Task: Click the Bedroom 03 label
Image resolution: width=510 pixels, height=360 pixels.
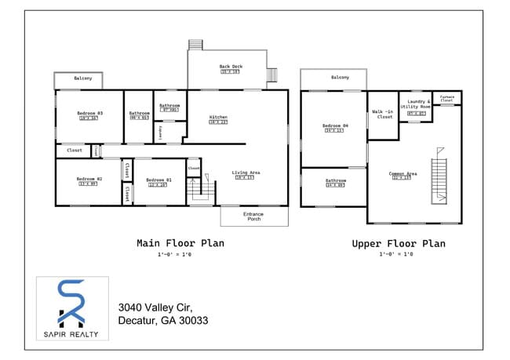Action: (x=86, y=113)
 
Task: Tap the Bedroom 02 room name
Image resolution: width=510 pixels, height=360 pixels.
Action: (x=86, y=179)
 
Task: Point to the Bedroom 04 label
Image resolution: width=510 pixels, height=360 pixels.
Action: (x=334, y=125)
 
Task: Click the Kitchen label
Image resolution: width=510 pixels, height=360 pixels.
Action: (x=218, y=118)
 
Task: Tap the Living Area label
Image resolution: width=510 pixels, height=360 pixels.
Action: (x=246, y=173)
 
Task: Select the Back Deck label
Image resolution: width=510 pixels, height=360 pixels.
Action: (x=230, y=67)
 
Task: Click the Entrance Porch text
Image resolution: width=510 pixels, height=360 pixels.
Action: (x=253, y=216)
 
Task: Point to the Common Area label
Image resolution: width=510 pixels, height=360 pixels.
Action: (x=403, y=173)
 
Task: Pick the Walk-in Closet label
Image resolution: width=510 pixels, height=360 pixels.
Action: (x=383, y=115)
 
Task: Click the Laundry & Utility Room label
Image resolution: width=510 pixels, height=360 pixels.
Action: (x=416, y=105)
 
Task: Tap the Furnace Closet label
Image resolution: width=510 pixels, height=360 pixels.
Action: (x=446, y=99)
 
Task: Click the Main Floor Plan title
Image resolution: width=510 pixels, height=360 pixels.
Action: (x=180, y=243)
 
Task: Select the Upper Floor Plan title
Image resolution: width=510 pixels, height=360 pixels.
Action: (x=399, y=244)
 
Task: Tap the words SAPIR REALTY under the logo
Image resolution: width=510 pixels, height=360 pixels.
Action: (x=72, y=334)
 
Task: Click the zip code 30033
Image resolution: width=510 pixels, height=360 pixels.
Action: (x=192, y=321)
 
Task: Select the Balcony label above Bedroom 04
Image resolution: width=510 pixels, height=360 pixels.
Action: (x=340, y=78)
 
